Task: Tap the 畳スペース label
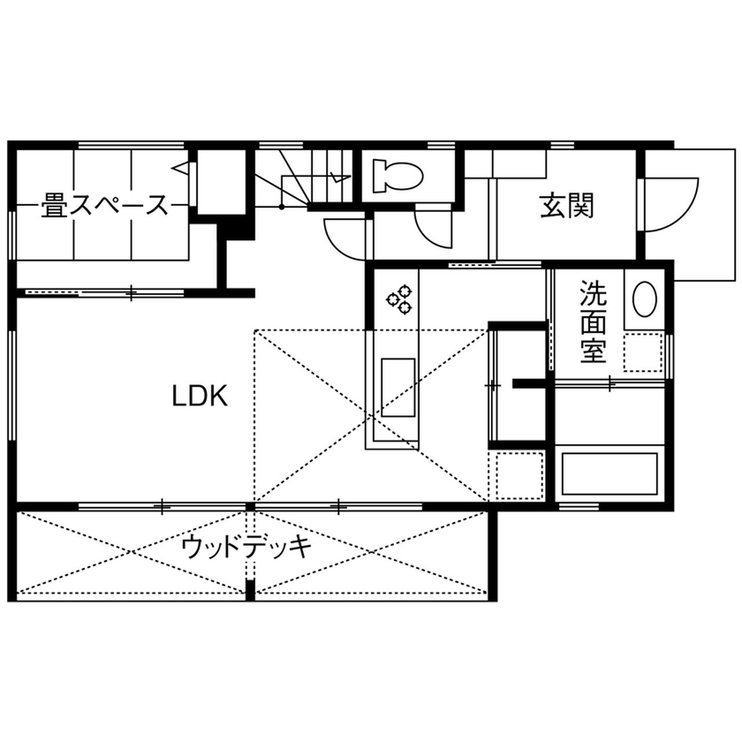[104, 207]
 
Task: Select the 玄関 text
[566, 206]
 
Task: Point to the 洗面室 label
[592, 322]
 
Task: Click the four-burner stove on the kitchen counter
[398, 297]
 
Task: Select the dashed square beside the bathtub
[520, 475]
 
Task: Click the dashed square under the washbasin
[643, 352]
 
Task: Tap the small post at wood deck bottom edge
[251, 589]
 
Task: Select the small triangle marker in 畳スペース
[179, 167]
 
